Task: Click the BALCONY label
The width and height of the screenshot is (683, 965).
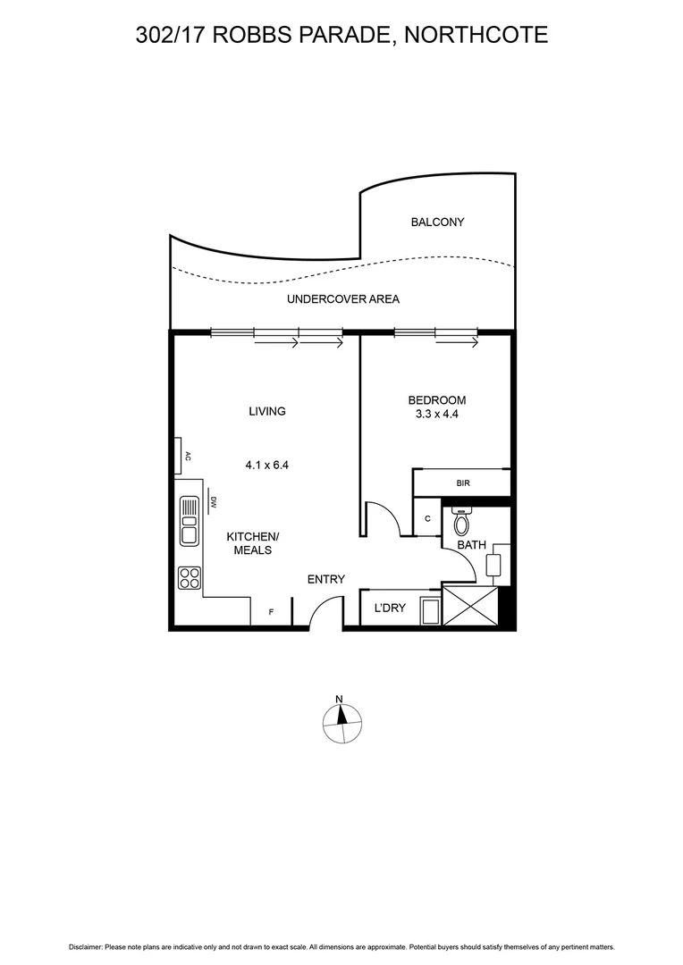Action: (437, 222)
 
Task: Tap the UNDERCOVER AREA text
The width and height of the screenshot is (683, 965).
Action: (342, 299)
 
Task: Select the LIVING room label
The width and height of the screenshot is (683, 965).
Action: (266, 412)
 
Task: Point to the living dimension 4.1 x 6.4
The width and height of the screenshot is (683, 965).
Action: (266, 465)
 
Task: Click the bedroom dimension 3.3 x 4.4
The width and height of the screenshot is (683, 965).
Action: (436, 415)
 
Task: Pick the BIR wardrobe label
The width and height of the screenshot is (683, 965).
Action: (462, 483)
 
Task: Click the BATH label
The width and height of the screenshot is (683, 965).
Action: (471, 544)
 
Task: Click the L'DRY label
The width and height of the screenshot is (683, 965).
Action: (390, 608)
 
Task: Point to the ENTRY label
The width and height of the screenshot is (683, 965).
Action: (326, 579)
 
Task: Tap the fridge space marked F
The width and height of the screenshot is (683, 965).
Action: (273, 613)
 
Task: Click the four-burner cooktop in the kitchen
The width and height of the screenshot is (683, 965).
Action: (189, 577)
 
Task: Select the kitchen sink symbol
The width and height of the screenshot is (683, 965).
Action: (189, 521)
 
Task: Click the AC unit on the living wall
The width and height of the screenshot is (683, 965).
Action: (180, 455)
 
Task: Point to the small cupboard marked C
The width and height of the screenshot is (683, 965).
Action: (427, 519)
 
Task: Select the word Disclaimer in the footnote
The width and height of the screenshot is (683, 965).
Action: (85, 946)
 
